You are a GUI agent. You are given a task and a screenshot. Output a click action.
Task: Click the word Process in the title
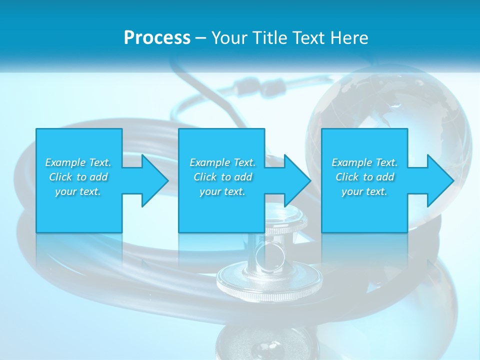(x=157, y=38)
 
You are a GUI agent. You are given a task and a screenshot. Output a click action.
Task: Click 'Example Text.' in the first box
(x=78, y=162)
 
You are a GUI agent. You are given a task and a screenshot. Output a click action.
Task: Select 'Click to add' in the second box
(x=222, y=177)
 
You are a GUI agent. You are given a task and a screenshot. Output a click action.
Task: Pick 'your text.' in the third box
(x=364, y=191)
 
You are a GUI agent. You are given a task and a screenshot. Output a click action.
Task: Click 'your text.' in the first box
(x=78, y=191)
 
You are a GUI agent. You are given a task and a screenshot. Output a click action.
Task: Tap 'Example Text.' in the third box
(x=364, y=162)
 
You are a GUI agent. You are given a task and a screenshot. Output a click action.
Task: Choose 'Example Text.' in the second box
(x=222, y=162)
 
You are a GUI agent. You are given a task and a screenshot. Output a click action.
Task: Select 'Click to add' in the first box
(x=78, y=177)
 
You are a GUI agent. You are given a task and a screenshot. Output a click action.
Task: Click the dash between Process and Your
(x=200, y=38)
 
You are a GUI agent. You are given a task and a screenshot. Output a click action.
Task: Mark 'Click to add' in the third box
(x=364, y=177)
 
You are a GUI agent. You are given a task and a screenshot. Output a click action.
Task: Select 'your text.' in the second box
(x=222, y=191)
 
